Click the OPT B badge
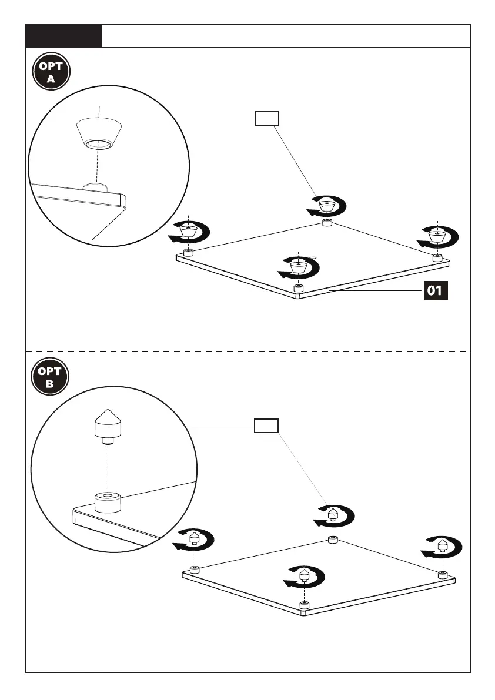(x=51, y=377)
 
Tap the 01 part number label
(x=436, y=290)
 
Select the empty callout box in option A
(x=266, y=119)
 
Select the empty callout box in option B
(x=266, y=426)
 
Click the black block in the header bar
(x=63, y=36)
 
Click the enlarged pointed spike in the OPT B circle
(x=106, y=424)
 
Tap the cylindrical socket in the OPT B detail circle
(x=108, y=503)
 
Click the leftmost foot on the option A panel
(x=188, y=231)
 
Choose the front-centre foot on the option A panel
(x=299, y=266)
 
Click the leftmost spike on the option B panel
(x=195, y=539)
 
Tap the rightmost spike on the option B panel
(x=443, y=545)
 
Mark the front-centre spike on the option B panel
(x=304, y=575)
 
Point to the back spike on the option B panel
(x=332, y=515)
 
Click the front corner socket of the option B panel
(x=304, y=605)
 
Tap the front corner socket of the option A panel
(x=299, y=288)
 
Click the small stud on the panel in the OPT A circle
(x=95, y=186)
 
